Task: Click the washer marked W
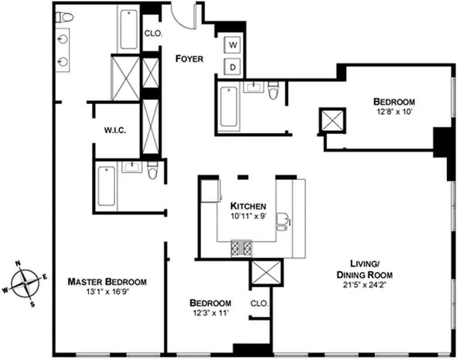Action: tap(233, 45)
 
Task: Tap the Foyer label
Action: tap(189, 59)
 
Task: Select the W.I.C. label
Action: tap(115, 130)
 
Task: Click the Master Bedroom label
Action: tap(107, 282)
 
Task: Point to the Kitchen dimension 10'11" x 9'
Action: tap(249, 217)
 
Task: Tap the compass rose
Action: tap(25, 283)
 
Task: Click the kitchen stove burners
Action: tap(241, 248)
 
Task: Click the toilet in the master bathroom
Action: tap(64, 17)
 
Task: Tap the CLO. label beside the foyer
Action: tap(153, 34)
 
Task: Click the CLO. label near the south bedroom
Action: tap(259, 304)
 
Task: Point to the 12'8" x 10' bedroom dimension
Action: tap(394, 112)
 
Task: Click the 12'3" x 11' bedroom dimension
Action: tap(210, 313)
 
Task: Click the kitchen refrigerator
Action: tap(210, 191)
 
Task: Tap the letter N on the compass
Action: tap(18, 263)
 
